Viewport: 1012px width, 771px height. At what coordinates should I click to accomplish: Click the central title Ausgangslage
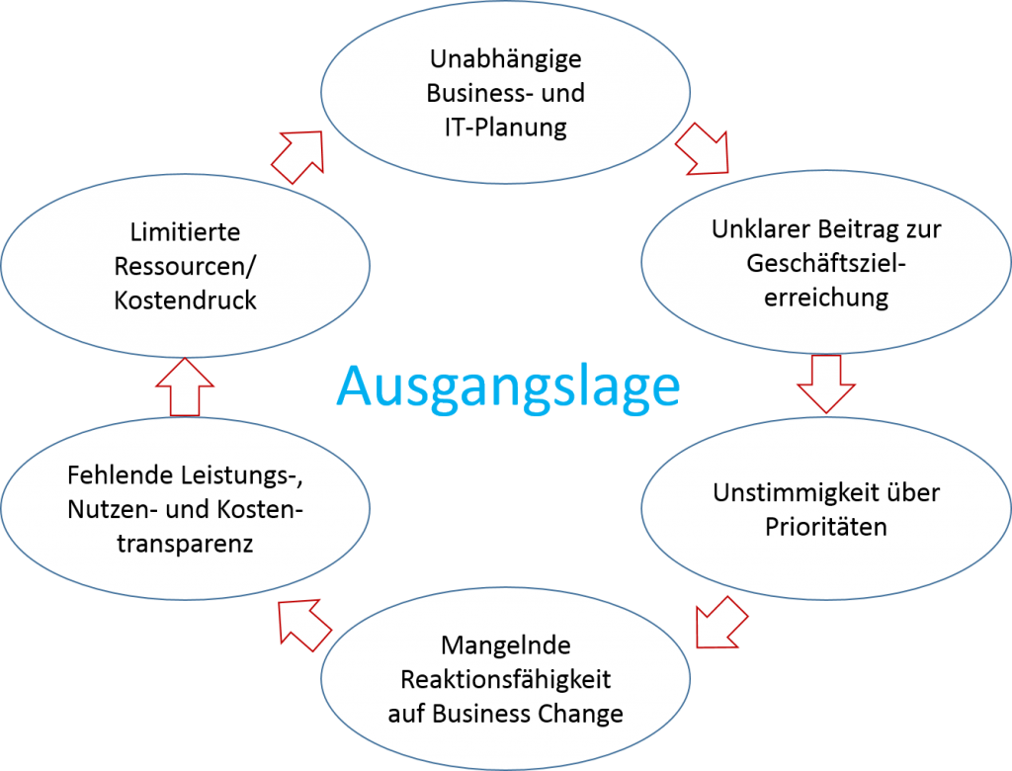(508, 386)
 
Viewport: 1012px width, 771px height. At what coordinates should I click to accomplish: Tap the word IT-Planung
(505, 128)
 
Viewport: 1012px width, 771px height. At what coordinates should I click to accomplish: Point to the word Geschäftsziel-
(826, 264)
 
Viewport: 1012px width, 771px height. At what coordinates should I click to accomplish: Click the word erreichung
(826, 298)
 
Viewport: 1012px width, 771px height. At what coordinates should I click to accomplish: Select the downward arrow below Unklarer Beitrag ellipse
(825, 384)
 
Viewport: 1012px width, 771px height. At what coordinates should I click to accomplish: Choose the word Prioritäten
(826, 526)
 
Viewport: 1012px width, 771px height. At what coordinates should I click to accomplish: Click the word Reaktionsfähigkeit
(505, 680)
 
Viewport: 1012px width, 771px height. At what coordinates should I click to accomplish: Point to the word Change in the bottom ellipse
(582, 714)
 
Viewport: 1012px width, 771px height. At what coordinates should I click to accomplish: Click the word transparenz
(185, 543)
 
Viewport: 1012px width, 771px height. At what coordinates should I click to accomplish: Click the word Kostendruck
(185, 300)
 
